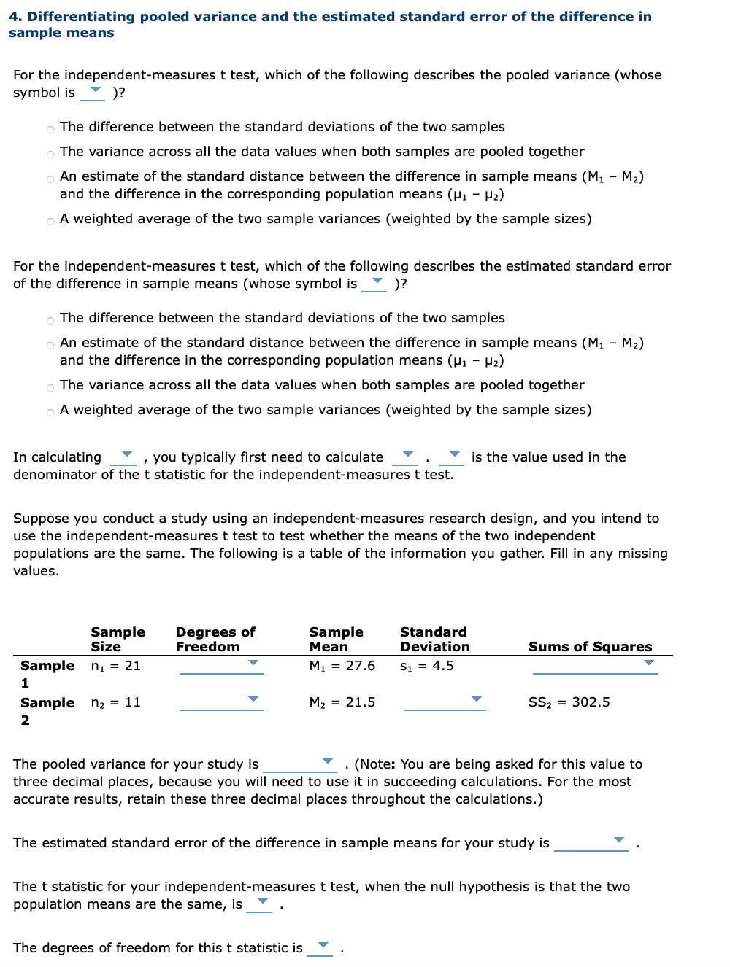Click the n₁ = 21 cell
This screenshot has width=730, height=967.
pyautogui.click(x=115, y=666)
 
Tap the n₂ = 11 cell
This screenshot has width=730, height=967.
pyautogui.click(x=115, y=702)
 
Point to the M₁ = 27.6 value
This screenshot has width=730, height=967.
pyautogui.click(x=342, y=666)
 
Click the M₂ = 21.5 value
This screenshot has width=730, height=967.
pyautogui.click(x=342, y=702)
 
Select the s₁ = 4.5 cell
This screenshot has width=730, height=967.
pyautogui.click(x=426, y=666)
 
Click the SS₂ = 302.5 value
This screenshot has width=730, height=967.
pyautogui.click(x=569, y=702)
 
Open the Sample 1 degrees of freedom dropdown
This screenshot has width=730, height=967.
pyautogui.click(x=221, y=665)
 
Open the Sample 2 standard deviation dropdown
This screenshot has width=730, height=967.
pyautogui.click(x=445, y=702)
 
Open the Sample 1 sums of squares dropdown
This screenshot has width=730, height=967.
pyautogui.click(x=595, y=665)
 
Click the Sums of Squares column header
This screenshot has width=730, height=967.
pyautogui.click(x=590, y=647)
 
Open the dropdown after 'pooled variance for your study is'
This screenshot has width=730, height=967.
pyautogui.click(x=299, y=764)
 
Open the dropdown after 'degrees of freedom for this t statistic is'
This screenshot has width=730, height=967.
pyautogui.click(x=320, y=947)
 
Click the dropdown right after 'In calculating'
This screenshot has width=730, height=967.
pyautogui.click(x=123, y=457)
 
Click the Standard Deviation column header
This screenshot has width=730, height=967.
pyautogui.click(x=434, y=640)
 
